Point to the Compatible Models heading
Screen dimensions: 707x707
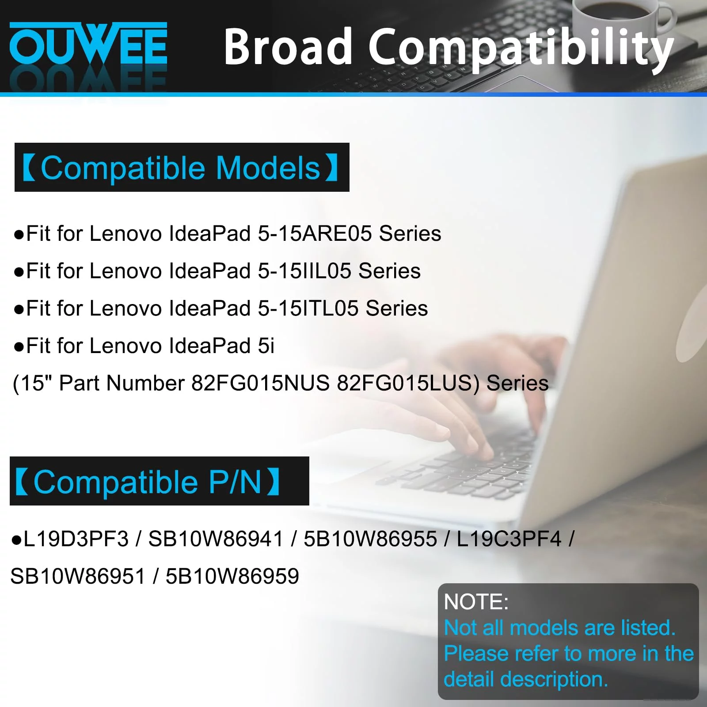tap(182, 167)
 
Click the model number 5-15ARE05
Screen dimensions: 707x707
tap(315, 233)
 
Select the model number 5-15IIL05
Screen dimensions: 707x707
tap(304, 271)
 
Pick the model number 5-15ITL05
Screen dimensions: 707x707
tap(308, 308)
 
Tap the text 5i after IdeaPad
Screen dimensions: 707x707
tap(266, 346)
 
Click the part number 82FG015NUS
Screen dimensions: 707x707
tap(260, 383)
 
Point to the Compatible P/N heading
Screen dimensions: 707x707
tap(159, 481)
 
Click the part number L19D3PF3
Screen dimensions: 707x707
tap(76, 539)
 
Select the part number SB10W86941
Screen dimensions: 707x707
tap(216, 539)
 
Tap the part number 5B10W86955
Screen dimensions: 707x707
tap(370, 539)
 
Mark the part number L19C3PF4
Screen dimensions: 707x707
tap(509, 539)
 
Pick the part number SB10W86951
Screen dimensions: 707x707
tap(78, 576)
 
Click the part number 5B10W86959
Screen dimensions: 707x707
tap(232, 576)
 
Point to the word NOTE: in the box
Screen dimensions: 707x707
tap(476, 602)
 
